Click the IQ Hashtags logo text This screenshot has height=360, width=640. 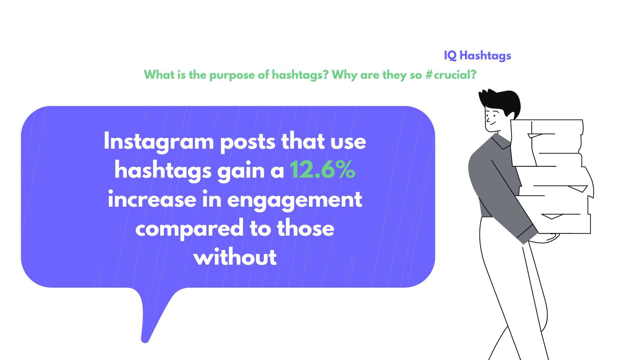point(477,56)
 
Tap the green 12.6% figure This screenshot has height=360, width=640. point(323,170)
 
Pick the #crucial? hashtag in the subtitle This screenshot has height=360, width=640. point(451,75)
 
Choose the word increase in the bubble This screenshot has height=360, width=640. point(152,200)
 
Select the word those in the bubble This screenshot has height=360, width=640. point(305,228)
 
